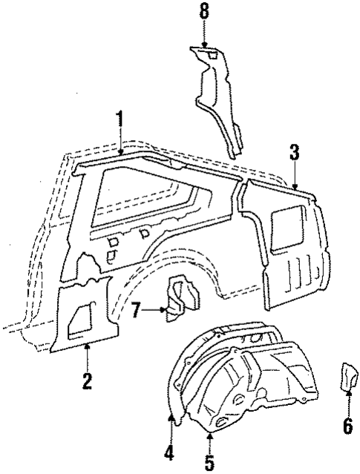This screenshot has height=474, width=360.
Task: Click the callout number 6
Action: pyautogui.click(x=347, y=428)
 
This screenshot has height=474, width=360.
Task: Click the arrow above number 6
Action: pyautogui.click(x=347, y=404)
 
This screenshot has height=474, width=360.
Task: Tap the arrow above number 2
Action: pyautogui.click(x=87, y=355)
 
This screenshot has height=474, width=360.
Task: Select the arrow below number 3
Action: pyautogui.click(x=295, y=177)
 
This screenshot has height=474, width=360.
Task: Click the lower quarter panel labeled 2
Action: pyautogui.click(x=82, y=312)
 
